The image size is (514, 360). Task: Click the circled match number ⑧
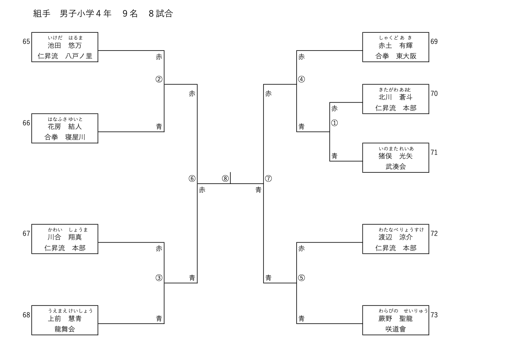[225, 179]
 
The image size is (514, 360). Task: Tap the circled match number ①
[334, 123]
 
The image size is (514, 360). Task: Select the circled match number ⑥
[192, 179]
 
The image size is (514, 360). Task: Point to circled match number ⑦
[268, 179]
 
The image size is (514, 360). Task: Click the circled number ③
[159, 278]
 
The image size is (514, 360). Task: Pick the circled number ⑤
[301, 278]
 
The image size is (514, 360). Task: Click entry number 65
[26, 41]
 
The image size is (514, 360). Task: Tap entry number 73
[434, 315]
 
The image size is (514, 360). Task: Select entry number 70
[434, 93]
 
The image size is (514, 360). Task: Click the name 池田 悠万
[65, 45]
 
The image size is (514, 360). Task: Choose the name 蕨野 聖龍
[395, 319]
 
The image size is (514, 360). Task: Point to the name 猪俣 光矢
[395, 156]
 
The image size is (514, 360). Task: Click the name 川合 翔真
[65, 237]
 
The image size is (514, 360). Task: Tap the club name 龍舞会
[65, 329]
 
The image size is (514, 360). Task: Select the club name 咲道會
[395, 329]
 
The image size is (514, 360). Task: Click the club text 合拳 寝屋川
[65, 137]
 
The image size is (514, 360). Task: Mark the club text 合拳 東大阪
[395, 56]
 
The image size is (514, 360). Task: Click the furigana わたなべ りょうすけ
[401, 230]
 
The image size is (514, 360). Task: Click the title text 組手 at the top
[41, 14]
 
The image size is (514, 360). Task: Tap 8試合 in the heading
[161, 14]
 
